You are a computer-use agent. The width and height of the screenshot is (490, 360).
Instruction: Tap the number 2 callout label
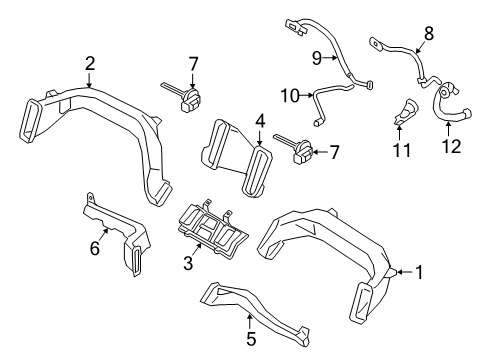tap(90, 64)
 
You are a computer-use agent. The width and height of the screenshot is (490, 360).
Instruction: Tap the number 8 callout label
tap(428, 32)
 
